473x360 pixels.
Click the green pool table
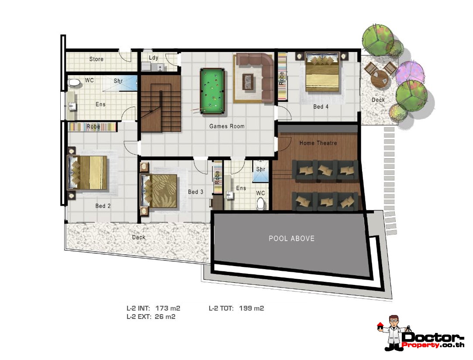coord(212,91)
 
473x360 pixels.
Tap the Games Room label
coord(227,126)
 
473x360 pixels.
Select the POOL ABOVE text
coord(292,239)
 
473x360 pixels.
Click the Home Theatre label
coord(318,143)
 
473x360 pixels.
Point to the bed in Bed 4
coord(322,72)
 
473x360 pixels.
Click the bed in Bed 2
coord(87,173)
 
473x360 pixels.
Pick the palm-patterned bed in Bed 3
coord(159,191)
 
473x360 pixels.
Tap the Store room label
coord(96,59)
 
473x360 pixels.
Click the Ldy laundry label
coord(154,58)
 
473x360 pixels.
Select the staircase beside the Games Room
coord(161,104)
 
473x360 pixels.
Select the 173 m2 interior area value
coord(168,308)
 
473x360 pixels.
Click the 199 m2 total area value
coord(251,308)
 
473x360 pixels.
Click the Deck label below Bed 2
coord(138,237)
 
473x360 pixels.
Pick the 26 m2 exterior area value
coord(165,317)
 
